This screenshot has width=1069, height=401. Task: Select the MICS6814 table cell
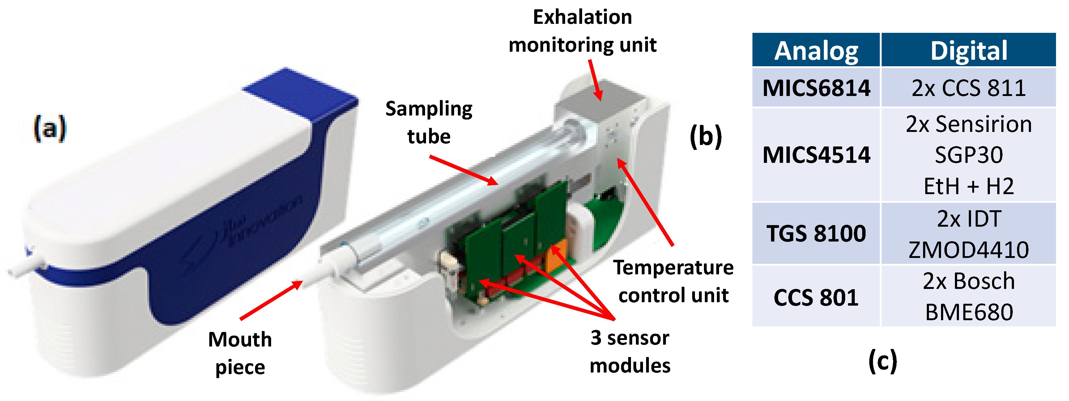pyautogui.click(x=816, y=88)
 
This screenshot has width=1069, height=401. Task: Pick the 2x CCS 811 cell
pyautogui.click(x=969, y=88)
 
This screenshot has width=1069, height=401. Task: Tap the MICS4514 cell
pyautogui.click(x=816, y=155)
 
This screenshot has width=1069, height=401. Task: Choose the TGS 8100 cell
pyautogui.click(x=816, y=233)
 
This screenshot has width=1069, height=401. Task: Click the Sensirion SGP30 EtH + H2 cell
pyautogui.click(x=969, y=155)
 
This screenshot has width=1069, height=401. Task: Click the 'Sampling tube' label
pyautogui.click(x=429, y=122)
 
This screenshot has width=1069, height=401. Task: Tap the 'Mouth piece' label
pyautogui.click(x=240, y=353)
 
